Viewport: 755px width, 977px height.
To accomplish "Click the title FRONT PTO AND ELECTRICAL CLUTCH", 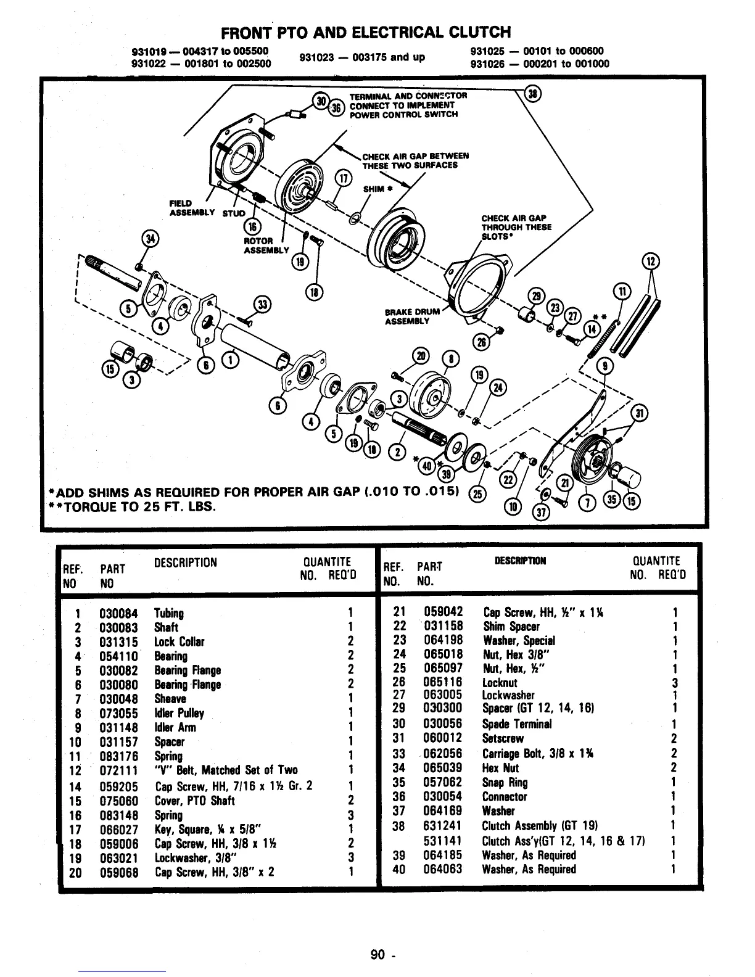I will click(x=366, y=31).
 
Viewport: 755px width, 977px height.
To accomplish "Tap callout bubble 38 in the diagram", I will click(x=531, y=94).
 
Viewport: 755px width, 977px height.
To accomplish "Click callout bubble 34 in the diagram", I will click(x=150, y=239).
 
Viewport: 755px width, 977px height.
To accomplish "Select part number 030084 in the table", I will click(x=118, y=613).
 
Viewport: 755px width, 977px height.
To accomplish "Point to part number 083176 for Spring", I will click(x=118, y=756).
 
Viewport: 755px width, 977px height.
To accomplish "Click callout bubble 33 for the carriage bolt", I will click(x=263, y=304).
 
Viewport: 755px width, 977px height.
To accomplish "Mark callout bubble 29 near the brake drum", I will click(x=537, y=296).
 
